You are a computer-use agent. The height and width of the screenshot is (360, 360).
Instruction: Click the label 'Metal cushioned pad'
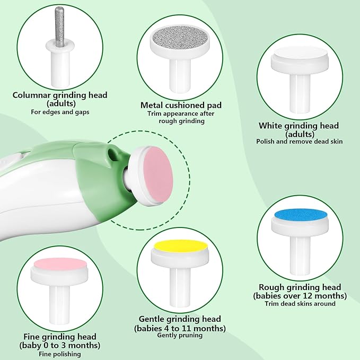pyautogui.click(x=181, y=106)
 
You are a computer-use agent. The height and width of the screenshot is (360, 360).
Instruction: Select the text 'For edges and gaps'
pyautogui.click(x=60, y=112)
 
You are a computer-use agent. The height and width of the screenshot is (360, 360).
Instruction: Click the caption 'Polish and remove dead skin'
pyautogui.click(x=299, y=142)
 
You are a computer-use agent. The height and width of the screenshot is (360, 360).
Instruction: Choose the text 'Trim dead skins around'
pyautogui.click(x=300, y=304)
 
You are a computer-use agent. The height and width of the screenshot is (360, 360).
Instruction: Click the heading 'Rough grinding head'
pyautogui.click(x=300, y=287)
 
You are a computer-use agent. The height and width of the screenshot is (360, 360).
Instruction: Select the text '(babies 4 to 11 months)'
pyautogui.click(x=179, y=328)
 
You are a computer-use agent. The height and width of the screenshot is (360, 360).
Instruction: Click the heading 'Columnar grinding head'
pyautogui.click(x=60, y=95)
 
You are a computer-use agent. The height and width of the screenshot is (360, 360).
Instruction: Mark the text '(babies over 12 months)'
pyautogui.click(x=300, y=295)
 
